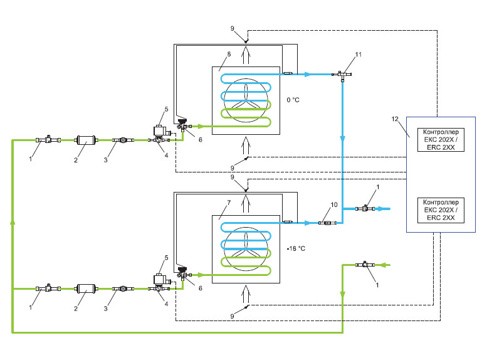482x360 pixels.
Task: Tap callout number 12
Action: point(394,119)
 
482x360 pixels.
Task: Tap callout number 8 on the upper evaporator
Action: point(229,55)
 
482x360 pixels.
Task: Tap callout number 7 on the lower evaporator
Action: point(229,203)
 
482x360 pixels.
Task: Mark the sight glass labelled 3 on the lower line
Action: point(122,289)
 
